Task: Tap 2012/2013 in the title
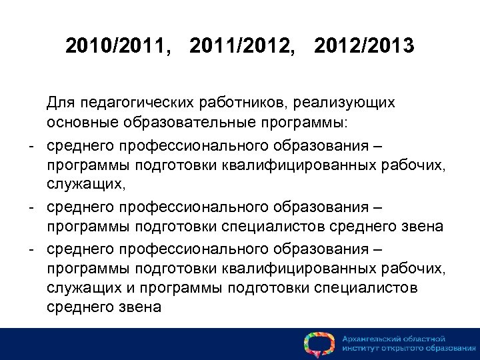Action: pos(364,47)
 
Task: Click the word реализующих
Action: pos(338,105)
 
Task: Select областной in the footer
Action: pos(426,339)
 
